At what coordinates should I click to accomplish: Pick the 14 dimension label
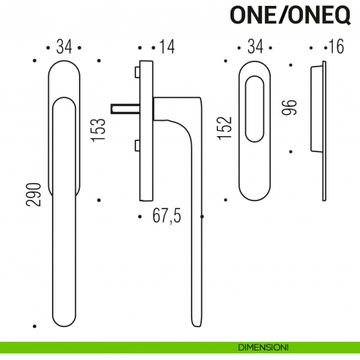pos(167,48)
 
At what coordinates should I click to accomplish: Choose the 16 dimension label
pos(335,48)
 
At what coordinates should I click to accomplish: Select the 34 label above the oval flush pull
pos(255,48)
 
